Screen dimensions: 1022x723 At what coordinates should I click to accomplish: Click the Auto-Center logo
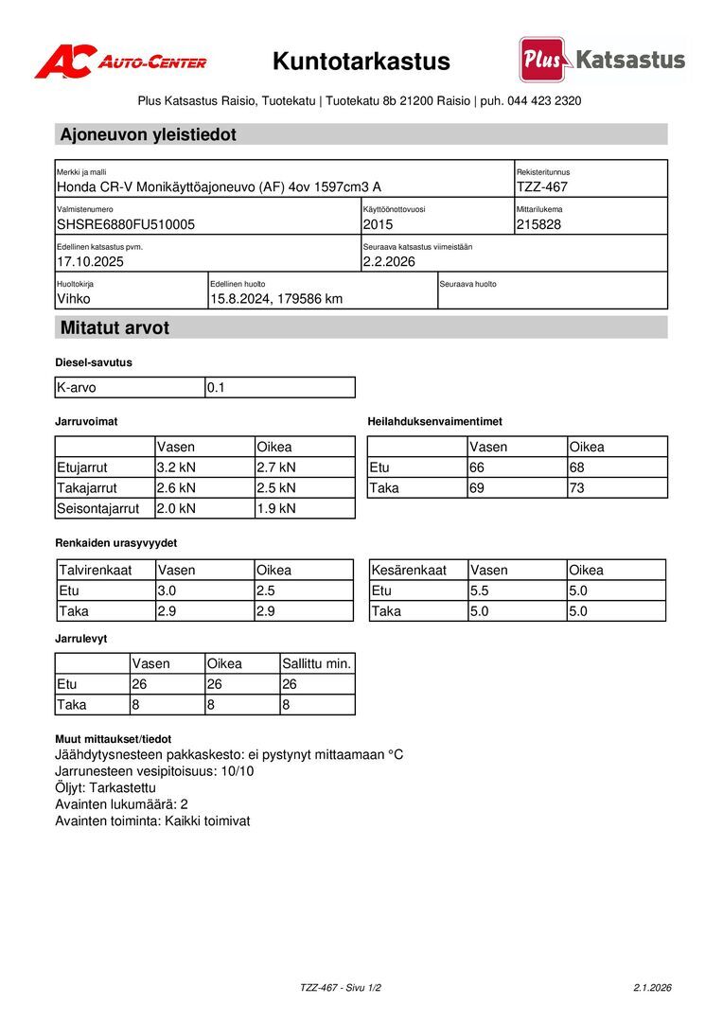click(120, 62)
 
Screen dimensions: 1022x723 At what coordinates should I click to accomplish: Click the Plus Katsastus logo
click(602, 60)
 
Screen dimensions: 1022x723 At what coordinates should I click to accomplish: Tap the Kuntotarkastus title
click(361, 62)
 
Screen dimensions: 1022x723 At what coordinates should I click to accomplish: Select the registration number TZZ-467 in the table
click(542, 187)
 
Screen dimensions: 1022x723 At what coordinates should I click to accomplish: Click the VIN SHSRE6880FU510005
click(126, 225)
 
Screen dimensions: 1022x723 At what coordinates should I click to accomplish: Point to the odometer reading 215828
click(539, 225)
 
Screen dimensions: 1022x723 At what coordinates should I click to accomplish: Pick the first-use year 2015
click(378, 225)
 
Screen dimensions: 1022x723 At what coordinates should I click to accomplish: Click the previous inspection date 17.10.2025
click(91, 262)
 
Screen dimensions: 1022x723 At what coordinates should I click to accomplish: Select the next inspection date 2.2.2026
click(389, 262)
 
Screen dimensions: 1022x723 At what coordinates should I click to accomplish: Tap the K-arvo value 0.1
click(217, 388)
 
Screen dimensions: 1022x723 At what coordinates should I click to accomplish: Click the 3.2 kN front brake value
click(176, 467)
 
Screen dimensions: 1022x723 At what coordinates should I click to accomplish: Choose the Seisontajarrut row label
click(98, 509)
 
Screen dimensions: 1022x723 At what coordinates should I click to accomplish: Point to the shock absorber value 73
click(577, 488)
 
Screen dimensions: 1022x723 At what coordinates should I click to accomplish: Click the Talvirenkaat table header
click(95, 571)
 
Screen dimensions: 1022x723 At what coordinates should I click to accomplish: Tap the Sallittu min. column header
click(316, 664)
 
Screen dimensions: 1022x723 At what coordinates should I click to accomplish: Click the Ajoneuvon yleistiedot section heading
click(149, 134)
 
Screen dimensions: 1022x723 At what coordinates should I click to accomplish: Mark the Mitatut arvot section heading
click(115, 328)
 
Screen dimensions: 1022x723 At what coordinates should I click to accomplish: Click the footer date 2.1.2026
click(652, 988)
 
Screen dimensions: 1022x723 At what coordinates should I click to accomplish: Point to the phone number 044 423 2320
click(544, 100)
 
